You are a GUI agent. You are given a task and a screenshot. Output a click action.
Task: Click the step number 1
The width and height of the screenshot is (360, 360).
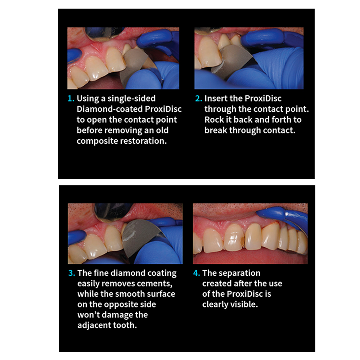(71, 99)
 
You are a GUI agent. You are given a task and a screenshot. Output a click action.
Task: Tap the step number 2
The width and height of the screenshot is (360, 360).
(199, 99)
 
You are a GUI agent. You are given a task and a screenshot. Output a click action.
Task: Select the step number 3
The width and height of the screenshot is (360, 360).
(71, 273)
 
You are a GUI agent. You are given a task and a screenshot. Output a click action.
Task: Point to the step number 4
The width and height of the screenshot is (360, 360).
(197, 273)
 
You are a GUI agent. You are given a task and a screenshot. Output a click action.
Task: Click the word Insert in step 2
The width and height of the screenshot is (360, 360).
(216, 98)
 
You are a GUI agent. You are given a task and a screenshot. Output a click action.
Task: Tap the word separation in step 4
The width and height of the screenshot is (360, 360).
(238, 273)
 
